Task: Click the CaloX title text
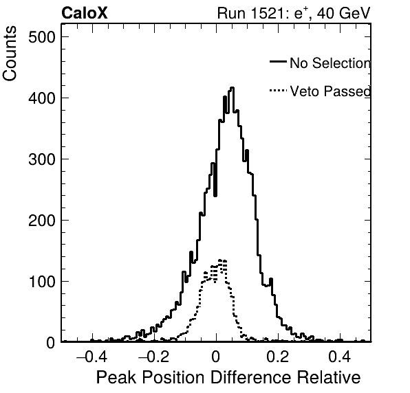85,13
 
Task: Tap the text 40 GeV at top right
343,13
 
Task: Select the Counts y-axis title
10,54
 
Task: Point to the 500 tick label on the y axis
42,37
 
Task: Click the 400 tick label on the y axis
42,98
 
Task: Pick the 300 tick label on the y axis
42,159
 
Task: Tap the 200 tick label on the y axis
42,221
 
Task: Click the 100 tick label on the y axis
42,282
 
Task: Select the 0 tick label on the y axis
51,343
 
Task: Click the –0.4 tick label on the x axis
91,357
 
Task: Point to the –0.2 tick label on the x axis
154,357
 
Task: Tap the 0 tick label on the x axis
216,357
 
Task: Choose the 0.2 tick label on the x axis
278,357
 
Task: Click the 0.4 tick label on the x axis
340,357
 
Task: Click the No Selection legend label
330,63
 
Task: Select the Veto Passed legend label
330,91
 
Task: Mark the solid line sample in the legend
278,62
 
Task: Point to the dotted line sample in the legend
278,91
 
